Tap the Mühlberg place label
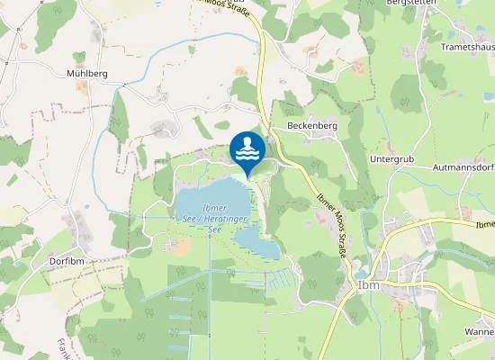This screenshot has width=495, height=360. pyautogui.click(x=87, y=73)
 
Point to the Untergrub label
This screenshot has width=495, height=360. pyautogui.click(x=391, y=158)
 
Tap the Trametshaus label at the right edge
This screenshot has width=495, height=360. pyautogui.click(x=468, y=45)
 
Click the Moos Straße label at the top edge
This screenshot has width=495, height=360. pyautogui.click(x=224, y=4)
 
